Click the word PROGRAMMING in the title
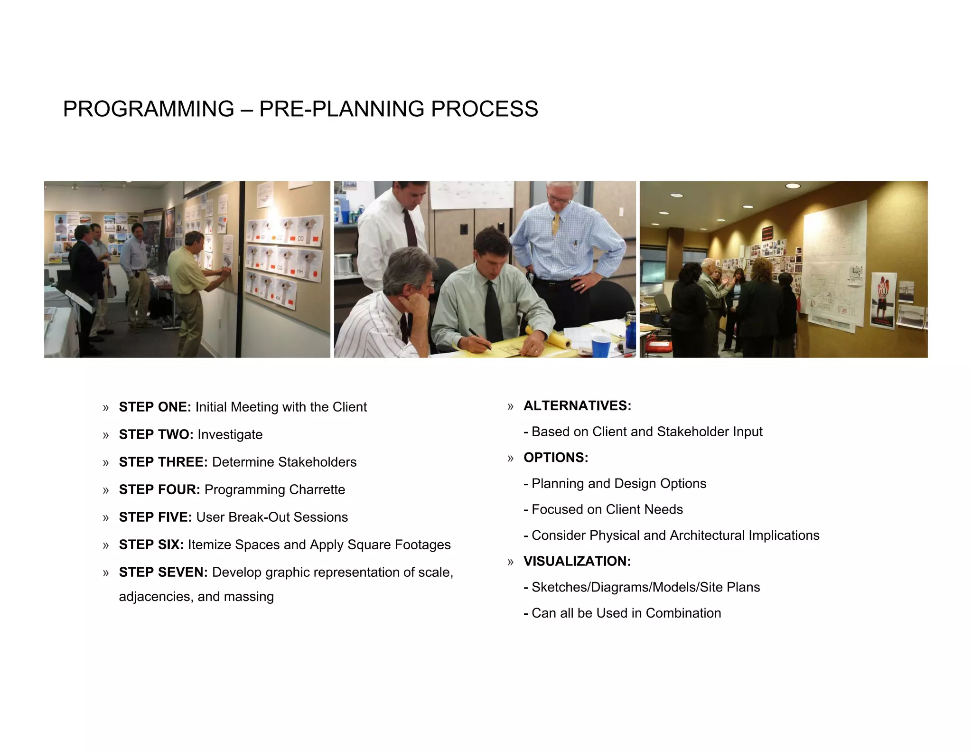click(x=149, y=109)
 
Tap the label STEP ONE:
click(x=155, y=407)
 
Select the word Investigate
click(x=230, y=435)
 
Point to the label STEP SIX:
click(x=151, y=545)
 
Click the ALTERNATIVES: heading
click(x=577, y=406)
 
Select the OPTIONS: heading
click(x=556, y=458)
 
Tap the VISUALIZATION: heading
click(x=577, y=561)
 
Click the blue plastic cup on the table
click(x=600, y=346)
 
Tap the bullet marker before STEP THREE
click(x=106, y=463)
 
